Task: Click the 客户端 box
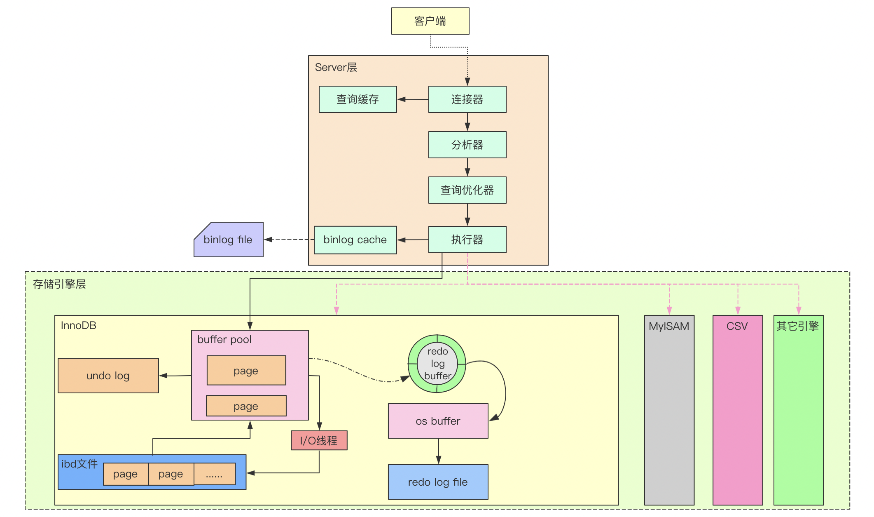coord(430,21)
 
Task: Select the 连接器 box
coord(467,99)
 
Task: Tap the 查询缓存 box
coord(358,99)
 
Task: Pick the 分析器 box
coord(467,145)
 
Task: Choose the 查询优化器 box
coord(467,190)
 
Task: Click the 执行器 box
coord(467,240)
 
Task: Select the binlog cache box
coord(355,240)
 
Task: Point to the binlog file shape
coord(229,240)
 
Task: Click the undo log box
coord(108,376)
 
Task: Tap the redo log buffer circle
coord(437,364)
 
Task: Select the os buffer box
coord(438,421)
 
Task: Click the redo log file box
coord(438,482)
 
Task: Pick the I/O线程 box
coord(319,440)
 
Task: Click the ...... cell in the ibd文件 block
coord(214,474)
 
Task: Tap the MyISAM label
coord(669,326)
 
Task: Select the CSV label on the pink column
coord(737,326)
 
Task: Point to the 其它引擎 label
coord(797,326)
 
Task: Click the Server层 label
coord(336,67)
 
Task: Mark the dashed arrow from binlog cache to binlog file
coord(289,239)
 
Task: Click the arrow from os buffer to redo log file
coord(438,451)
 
